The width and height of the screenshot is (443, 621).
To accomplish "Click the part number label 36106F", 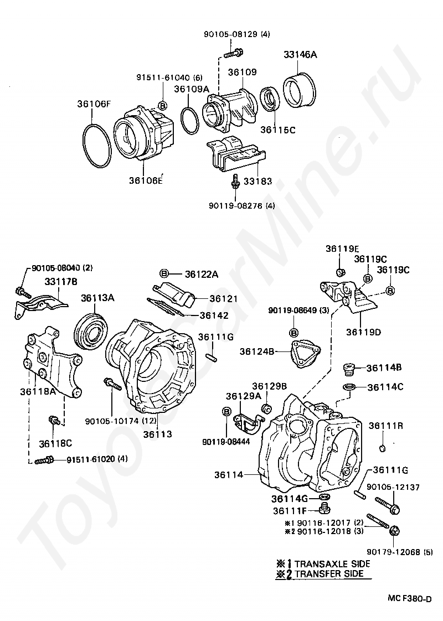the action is pos(94,103).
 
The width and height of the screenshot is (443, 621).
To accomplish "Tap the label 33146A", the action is pos(300,55).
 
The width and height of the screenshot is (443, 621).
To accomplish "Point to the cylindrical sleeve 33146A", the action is pos(300,90).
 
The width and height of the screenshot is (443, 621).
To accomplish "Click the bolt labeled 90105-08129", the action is pos(233,53).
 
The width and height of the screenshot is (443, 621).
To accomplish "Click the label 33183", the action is pos(257,182).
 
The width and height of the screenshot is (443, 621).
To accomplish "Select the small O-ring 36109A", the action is pos(190,121).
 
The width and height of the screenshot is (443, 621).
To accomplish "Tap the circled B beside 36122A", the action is pos(164,273).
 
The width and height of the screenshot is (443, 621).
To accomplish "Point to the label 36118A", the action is pos(38,392).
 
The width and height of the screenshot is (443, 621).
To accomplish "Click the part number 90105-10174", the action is pos(112,421).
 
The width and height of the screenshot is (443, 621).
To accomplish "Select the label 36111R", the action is pos(386,426).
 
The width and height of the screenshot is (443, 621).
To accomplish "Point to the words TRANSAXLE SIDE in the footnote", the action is pos(332,563).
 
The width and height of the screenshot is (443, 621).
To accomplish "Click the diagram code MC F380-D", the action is pos(409,599).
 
